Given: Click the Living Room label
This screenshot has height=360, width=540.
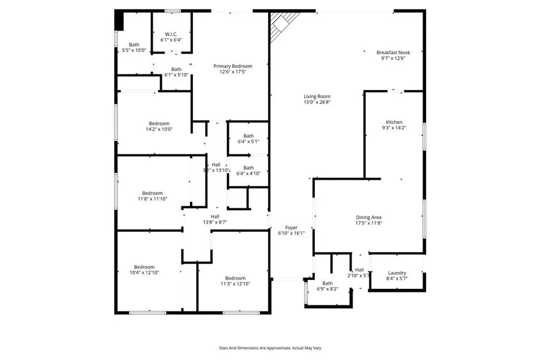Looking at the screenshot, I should (317, 96).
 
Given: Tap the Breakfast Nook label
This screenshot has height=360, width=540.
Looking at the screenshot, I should (393, 52).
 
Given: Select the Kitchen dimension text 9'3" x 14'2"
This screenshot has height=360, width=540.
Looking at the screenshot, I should (394, 128).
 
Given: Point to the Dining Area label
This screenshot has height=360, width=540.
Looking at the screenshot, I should (369, 217).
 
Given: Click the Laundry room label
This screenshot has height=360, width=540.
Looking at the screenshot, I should (397, 273).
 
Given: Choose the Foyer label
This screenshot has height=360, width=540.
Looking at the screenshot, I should (291, 228).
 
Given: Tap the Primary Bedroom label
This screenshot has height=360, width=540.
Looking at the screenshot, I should (233, 66).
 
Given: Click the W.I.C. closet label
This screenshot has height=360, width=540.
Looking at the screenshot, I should (171, 34).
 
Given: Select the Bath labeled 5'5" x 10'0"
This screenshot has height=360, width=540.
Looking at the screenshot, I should (134, 45).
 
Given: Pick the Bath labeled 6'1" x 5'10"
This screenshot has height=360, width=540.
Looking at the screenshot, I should (176, 69).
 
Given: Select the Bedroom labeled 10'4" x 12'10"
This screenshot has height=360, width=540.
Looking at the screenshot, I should (144, 267).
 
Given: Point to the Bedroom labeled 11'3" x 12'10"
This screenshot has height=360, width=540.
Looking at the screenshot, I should (235, 278).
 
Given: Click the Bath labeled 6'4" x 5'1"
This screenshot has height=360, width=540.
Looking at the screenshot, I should (248, 136).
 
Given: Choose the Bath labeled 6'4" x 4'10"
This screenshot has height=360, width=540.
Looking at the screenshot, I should (248, 168).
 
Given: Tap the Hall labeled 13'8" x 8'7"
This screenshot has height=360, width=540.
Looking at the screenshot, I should (215, 216).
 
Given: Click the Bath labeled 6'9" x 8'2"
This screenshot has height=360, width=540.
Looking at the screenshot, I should (327, 283).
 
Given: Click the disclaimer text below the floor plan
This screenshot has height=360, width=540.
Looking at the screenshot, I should (270, 348).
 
